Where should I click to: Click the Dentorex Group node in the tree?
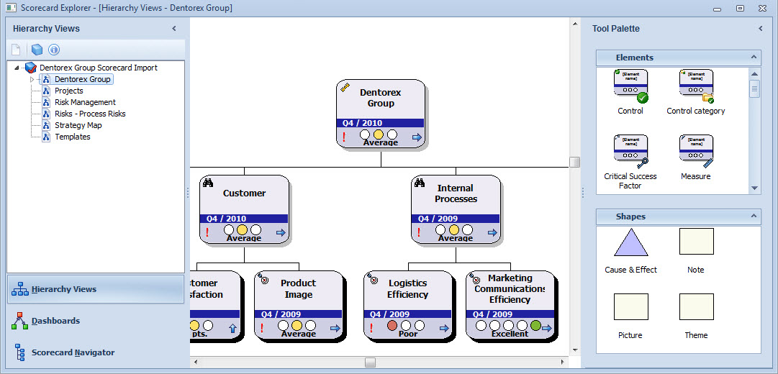tap(82, 79)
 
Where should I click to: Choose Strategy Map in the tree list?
tap(78, 125)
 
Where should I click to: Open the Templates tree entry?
tap(72, 137)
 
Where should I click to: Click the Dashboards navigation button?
tap(55, 321)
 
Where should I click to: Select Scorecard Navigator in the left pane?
tap(73, 352)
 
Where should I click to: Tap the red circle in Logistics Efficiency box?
tap(392, 326)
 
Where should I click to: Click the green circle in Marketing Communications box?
tap(535, 326)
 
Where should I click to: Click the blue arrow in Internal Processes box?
tap(492, 232)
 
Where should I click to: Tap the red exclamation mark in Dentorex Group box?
tap(344, 136)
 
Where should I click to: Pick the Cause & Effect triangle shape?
tap(630, 242)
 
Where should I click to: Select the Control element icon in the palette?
tap(630, 86)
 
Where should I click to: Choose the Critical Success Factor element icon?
tap(630, 151)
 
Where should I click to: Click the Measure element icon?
tap(696, 151)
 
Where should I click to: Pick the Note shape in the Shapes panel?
tap(696, 242)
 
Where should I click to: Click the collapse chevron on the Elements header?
tap(754, 58)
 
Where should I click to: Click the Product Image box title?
tap(298, 288)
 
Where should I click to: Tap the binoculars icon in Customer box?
tap(208, 183)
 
